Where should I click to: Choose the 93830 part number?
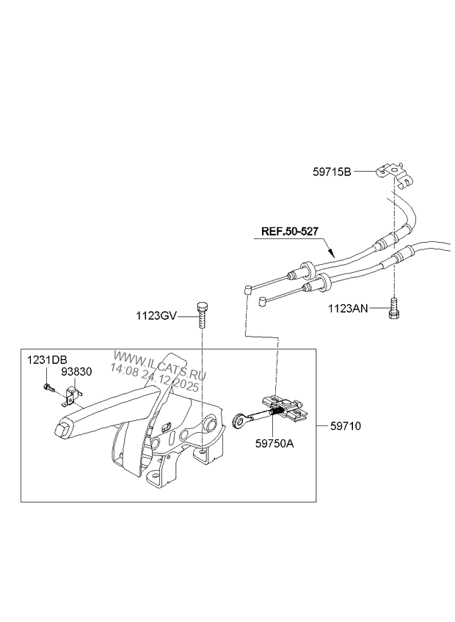(x=76, y=371)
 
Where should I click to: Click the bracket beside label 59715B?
(x=390, y=173)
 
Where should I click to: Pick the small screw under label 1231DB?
(x=48, y=387)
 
